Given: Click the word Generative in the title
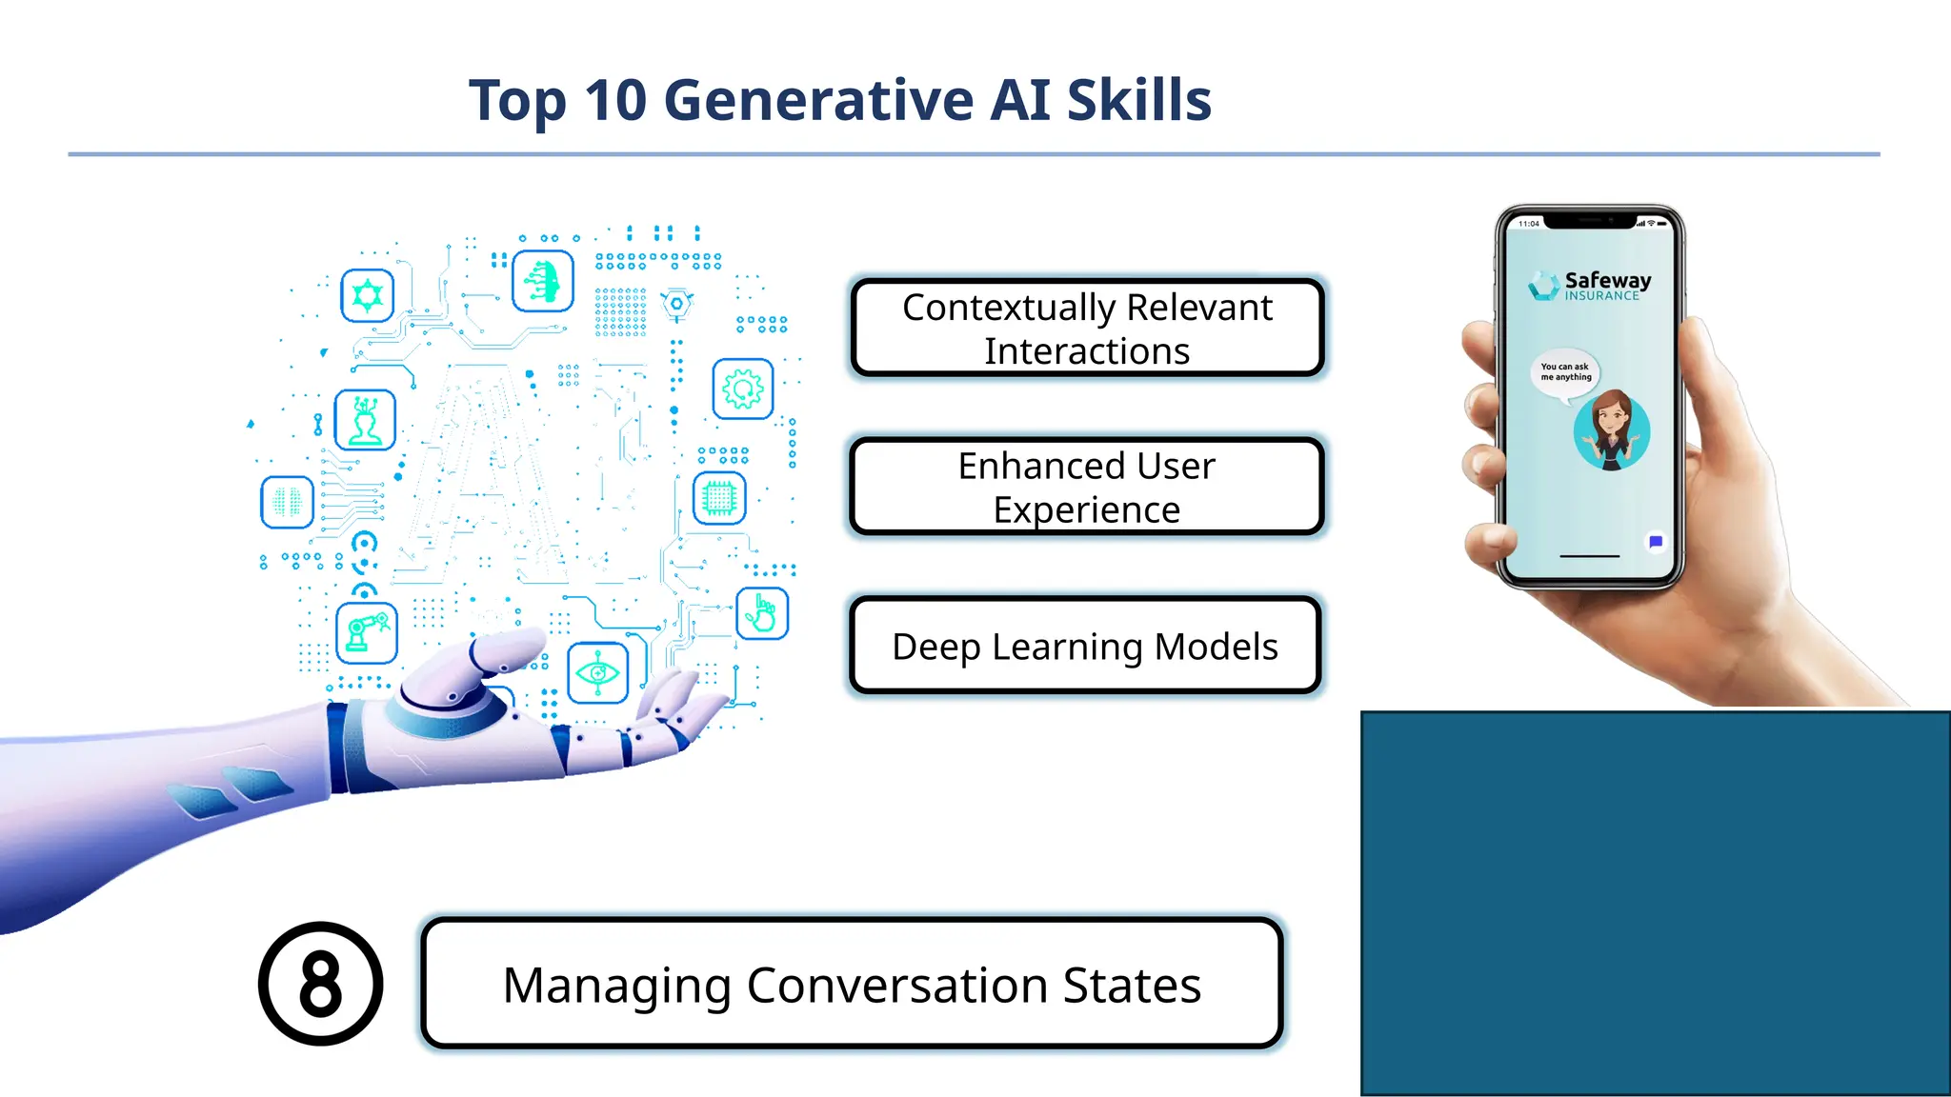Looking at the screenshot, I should [x=818, y=100].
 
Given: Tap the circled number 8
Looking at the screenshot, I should [x=321, y=984].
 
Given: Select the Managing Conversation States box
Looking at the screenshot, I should [x=852, y=984].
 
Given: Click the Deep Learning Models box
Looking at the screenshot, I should [x=1085, y=647].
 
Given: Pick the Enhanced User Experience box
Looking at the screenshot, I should [x=1086, y=487].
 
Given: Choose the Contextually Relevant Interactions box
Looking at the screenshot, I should [x=1087, y=329].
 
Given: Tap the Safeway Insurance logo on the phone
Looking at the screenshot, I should [x=1590, y=285].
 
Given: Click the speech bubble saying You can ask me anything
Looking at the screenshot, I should [x=1565, y=372].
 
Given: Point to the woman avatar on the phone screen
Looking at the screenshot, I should [x=1612, y=430].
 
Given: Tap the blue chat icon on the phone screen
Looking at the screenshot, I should [x=1656, y=542].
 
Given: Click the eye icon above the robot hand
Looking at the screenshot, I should [x=597, y=673].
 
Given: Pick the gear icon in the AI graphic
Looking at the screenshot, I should [x=743, y=389].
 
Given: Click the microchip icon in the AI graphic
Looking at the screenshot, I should [x=719, y=497].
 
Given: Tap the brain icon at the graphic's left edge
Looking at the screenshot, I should [x=287, y=502].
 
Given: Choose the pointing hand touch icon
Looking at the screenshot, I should [x=762, y=613].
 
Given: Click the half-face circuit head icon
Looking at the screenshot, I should [x=543, y=281].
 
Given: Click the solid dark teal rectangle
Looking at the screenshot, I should [x=1655, y=903].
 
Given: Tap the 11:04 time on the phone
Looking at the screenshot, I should [x=1528, y=224].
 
